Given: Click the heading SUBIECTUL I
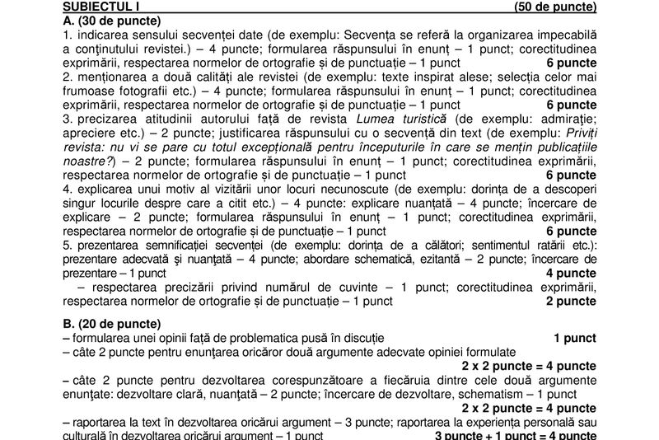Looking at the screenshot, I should (x=97, y=7).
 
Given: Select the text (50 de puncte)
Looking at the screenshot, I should (x=554, y=7).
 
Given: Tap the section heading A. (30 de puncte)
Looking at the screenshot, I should (x=111, y=21).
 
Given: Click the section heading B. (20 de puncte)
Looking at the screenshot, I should (x=111, y=324).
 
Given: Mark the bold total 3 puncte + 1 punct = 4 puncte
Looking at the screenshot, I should (x=515, y=434).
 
